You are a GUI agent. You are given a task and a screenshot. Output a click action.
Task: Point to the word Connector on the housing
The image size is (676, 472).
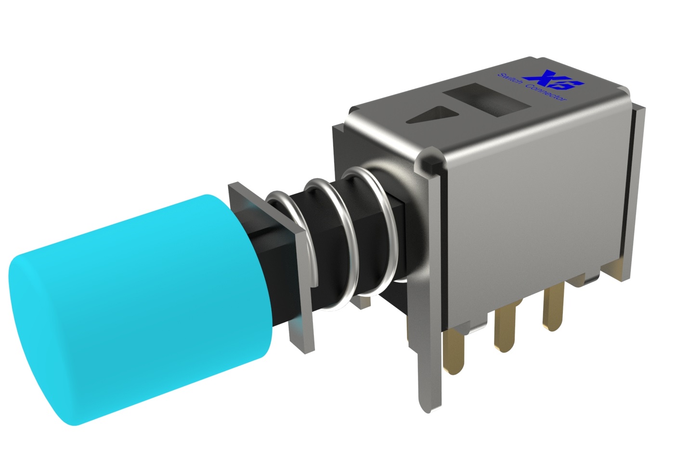(546, 93)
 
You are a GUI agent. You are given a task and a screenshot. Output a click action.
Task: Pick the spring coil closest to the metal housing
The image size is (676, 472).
(390, 226)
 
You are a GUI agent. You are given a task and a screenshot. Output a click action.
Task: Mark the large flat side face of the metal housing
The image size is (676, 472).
(534, 202)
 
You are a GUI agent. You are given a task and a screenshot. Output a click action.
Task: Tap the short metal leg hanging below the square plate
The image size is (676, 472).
(299, 332)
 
